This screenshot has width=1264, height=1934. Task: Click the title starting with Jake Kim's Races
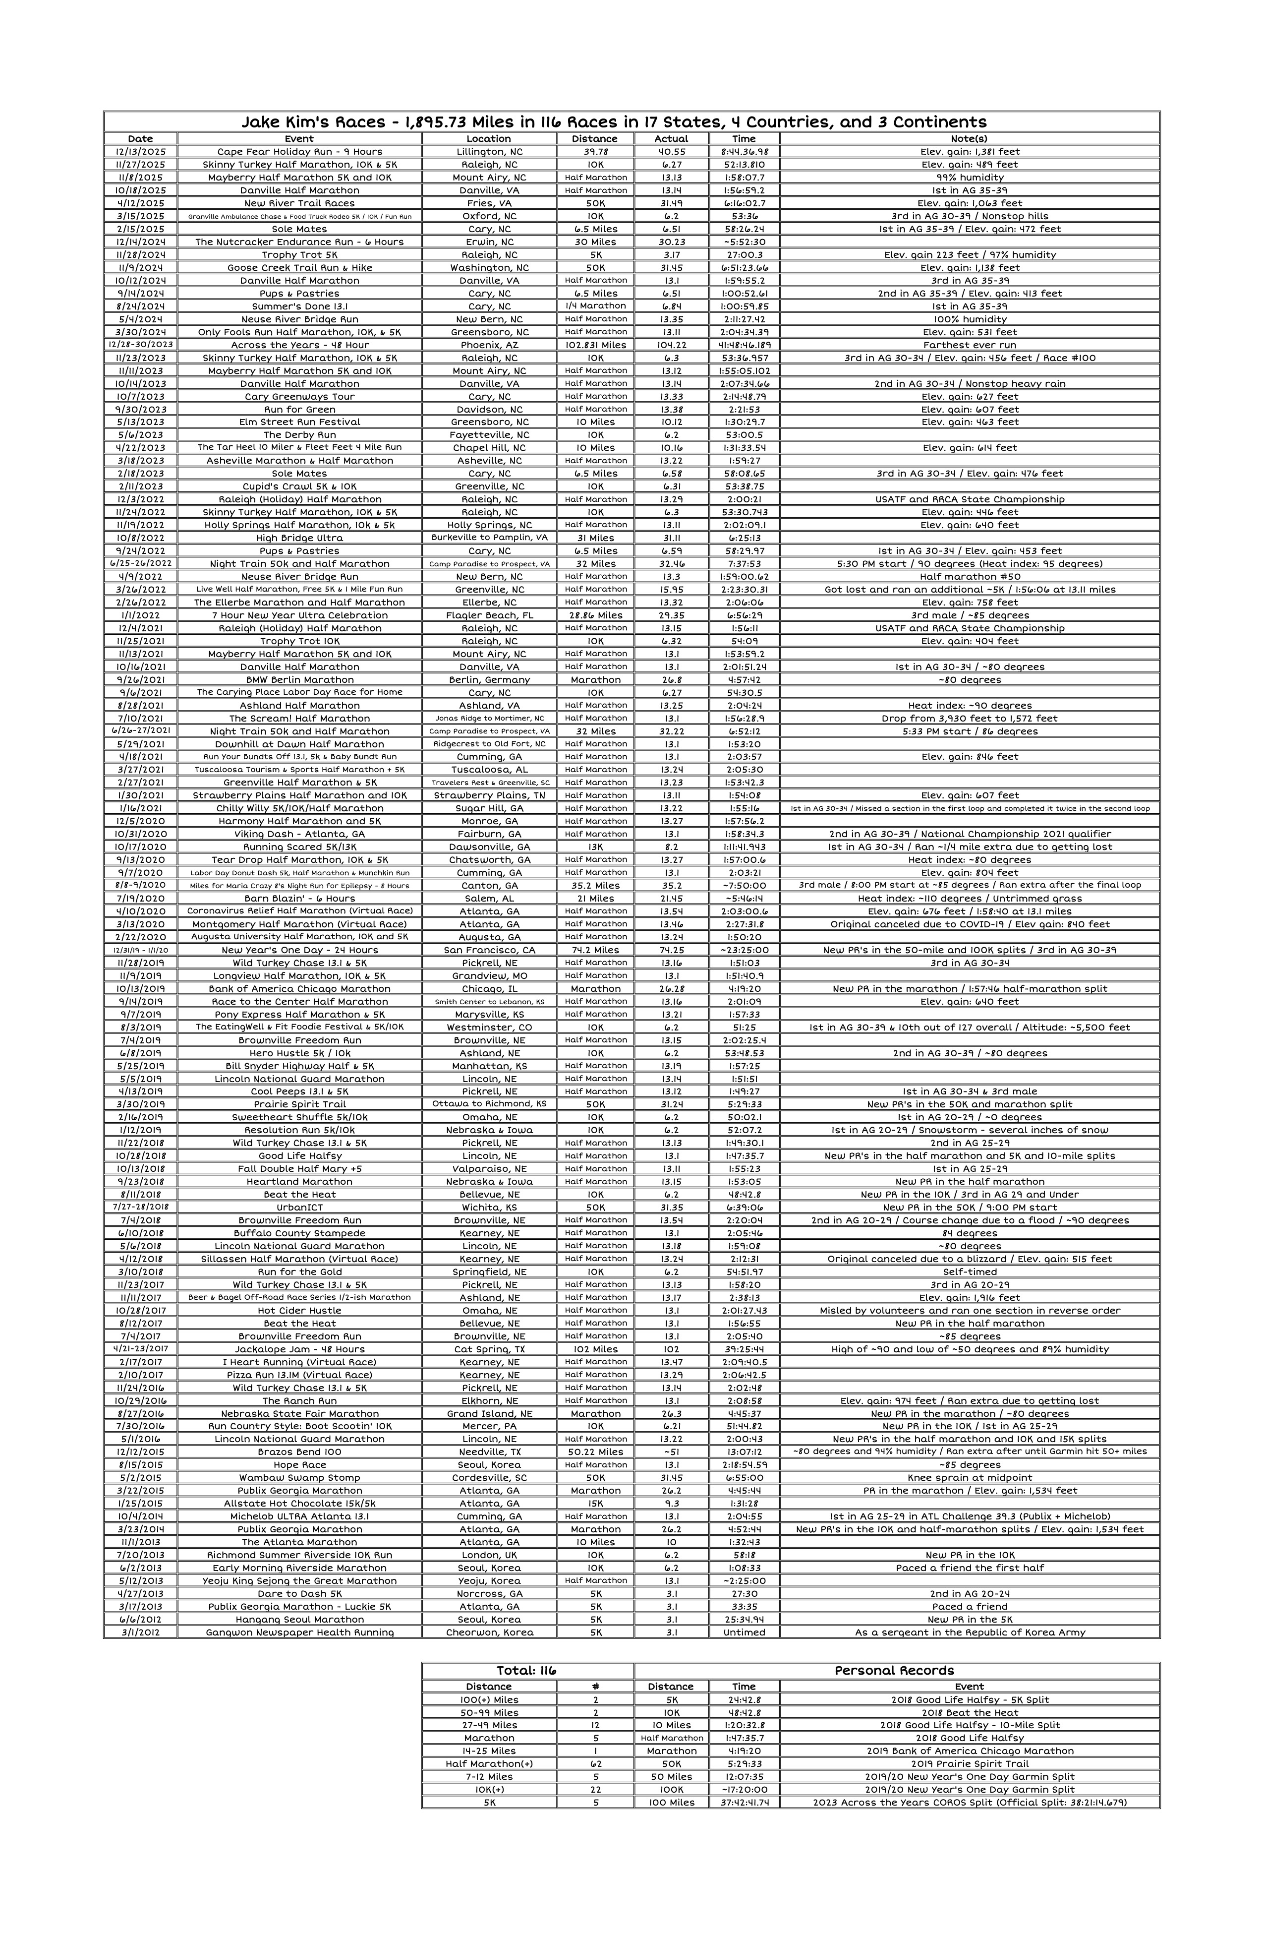point(613,122)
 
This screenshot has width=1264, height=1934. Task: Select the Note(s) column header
point(969,139)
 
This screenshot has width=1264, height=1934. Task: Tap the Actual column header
point(671,139)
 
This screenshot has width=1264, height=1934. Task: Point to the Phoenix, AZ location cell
point(489,345)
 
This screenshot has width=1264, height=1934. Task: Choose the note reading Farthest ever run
point(969,345)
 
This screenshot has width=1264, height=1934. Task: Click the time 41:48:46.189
point(744,345)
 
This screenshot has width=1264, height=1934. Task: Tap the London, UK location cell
point(489,1555)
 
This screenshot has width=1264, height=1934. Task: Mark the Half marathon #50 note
point(969,576)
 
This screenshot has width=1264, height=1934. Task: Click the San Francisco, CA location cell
point(489,950)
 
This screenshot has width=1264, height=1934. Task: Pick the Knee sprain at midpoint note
point(969,1477)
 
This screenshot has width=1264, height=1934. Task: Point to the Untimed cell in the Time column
point(744,1632)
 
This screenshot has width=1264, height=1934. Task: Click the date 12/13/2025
point(141,152)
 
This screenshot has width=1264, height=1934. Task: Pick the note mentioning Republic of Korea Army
point(969,1632)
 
